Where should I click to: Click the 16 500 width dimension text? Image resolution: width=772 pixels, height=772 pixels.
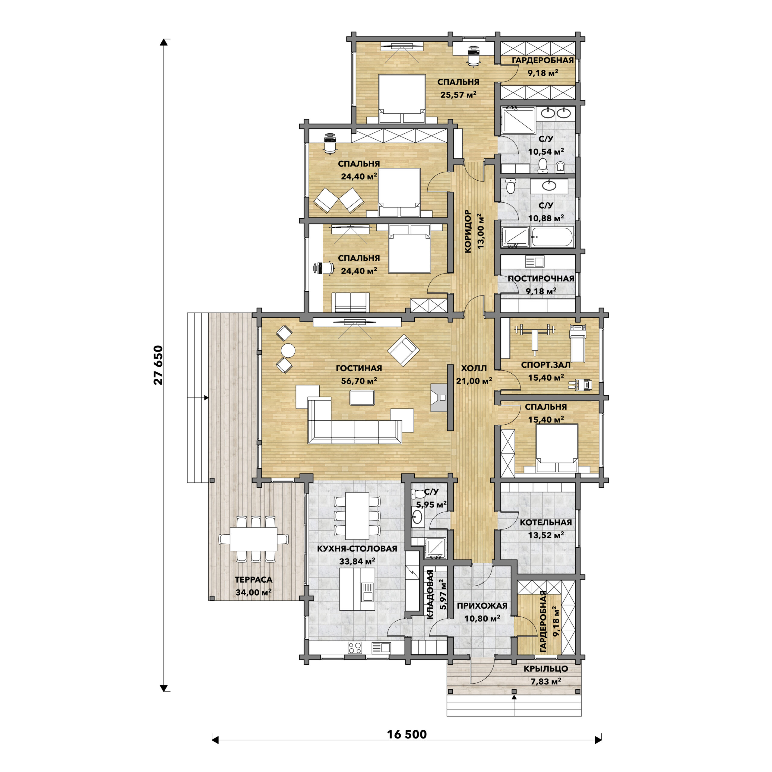(407, 734)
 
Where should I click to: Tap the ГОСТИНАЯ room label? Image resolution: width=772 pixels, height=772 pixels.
(359, 368)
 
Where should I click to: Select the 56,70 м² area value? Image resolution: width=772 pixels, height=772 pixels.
(359, 381)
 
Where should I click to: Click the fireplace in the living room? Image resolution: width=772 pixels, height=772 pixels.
(438, 397)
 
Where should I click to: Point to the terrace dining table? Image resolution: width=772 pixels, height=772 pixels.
(253, 539)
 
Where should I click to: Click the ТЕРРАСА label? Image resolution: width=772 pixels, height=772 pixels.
(253, 579)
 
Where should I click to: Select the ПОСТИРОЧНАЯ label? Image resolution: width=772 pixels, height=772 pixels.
(541, 279)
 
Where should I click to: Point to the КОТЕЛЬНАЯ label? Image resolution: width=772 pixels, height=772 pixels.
(546, 522)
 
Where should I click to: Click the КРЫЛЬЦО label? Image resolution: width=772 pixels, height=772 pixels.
(546, 669)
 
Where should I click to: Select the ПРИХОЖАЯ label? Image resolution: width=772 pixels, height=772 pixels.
(482, 605)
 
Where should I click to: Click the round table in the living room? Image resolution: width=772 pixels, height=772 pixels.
(288, 350)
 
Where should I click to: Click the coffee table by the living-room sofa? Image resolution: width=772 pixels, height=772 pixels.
(362, 397)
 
